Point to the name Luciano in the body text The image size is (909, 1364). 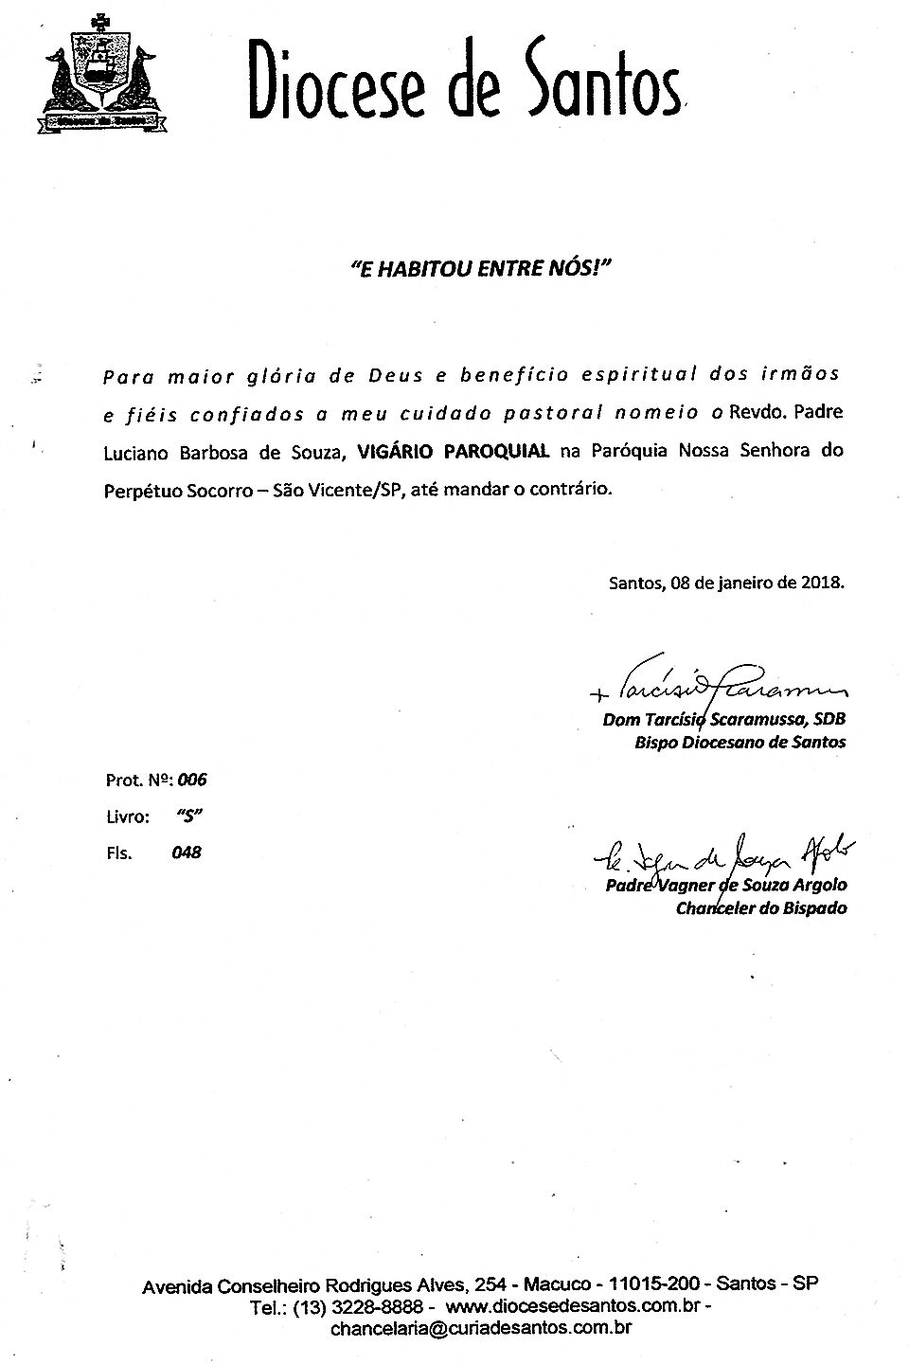tap(136, 453)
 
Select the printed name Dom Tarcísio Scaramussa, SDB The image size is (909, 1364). tap(723, 720)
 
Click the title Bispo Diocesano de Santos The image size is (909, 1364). tap(740, 743)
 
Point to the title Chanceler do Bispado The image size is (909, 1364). tap(761, 908)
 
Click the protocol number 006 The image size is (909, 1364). tap(192, 781)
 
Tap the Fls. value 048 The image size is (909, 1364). tap(187, 852)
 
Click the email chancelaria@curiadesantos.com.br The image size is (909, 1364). tap(480, 1328)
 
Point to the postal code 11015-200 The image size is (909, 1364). tap(655, 1285)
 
